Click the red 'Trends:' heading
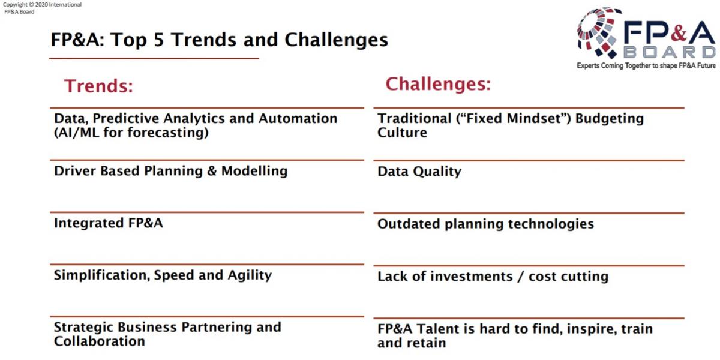click(98, 86)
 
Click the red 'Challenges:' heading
click(438, 84)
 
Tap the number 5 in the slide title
click(159, 40)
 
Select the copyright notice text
click(42, 8)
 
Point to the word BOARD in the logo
click(670, 52)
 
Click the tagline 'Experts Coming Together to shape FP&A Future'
click(646, 66)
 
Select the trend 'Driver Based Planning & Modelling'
click(170, 171)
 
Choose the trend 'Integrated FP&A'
click(109, 223)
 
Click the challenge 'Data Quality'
click(419, 172)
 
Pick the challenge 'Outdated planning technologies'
click(485, 224)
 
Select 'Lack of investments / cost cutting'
click(493, 277)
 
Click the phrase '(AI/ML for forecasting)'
click(131, 133)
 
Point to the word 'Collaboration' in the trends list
click(100, 341)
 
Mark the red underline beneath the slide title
click(154, 59)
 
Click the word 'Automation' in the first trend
click(298, 119)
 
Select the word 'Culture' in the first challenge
click(402, 133)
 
